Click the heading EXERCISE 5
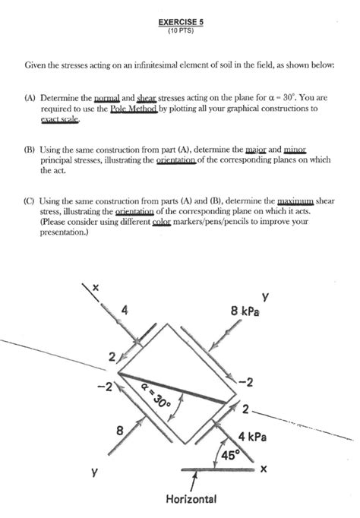click(x=181, y=22)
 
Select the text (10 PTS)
click(x=181, y=30)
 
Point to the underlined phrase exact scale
click(x=60, y=119)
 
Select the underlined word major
click(x=256, y=150)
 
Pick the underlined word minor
click(x=295, y=150)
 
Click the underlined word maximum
click(x=295, y=201)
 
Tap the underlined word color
click(x=162, y=221)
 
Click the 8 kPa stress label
click(x=245, y=311)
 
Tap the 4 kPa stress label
click(x=252, y=437)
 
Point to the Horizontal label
click(x=191, y=498)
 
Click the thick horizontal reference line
click(x=218, y=469)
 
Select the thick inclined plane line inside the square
click(x=172, y=388)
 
